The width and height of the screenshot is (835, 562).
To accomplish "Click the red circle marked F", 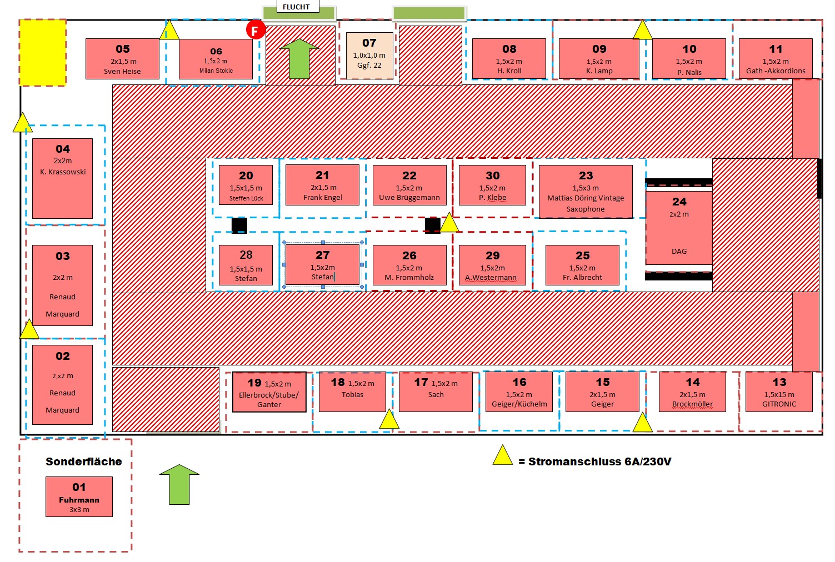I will pyautogui.click(x=255, y=30).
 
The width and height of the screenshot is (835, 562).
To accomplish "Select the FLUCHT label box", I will pyautogui.click(x=296, y=7).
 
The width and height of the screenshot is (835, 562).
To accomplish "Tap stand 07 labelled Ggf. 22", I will pyautogui.click(x=369, y=56).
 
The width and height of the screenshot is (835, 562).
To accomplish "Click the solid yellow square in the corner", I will pyautogui.click(x=43, y=52).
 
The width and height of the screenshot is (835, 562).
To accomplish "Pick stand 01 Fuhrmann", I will pyautogui.click(x=79, y=496).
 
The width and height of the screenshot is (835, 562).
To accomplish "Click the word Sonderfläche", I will pyautogui.click(x=83, y=461).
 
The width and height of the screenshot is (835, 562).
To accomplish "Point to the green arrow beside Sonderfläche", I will pyautogui.click(x=179, y=484).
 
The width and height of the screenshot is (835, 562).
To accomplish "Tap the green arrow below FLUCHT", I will pyautogui.click(x=299, y=58).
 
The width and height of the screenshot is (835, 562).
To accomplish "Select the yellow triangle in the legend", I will pyautogui.click(x=502, y=455).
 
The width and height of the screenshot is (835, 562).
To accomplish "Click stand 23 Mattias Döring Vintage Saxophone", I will pyautogui.click(x=586, y=191).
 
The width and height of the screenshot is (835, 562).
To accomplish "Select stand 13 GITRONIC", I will pyautogui.click(x=779, y=392).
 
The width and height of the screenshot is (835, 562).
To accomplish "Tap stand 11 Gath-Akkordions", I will pyautogui.click(x=776, y=59).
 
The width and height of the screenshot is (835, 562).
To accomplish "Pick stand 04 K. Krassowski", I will pyautogui.click(x=63, y=178).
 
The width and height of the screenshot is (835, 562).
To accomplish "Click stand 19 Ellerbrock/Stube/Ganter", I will pyautogui.click(x=269, y=392).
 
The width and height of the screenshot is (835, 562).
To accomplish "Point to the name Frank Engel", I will pyautogui.click(x=323, y=197).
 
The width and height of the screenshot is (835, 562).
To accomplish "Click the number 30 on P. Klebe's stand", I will pyautogui.click(x=492, y=175).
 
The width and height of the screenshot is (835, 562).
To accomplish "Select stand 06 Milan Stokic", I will pyautogui.click(x=216, y=59).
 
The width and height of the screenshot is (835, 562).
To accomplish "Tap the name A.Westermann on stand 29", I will pyautogui.click(x=491, y=277).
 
